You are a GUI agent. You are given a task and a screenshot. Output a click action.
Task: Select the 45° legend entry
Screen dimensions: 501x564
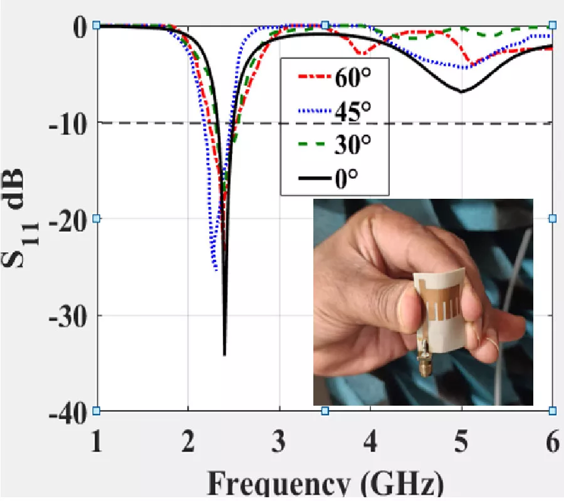(x=335, y=113)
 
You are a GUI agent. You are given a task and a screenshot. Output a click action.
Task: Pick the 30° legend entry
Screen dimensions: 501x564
(x=335, y=147)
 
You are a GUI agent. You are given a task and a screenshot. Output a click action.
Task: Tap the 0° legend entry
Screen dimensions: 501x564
(x=335, y=181)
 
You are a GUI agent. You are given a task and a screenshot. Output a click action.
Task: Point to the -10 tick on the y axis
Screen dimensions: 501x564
(x=67, y=123)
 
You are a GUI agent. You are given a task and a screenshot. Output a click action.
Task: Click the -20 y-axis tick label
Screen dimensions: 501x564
(x=67, y=219)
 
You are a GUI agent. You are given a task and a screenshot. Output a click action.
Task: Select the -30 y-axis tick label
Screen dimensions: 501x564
(x=67, y=315)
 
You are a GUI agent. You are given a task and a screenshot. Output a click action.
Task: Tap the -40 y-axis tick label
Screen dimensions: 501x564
(x=67, y=411)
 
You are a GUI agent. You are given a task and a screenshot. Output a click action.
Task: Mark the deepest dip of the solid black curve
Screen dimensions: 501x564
(x=224, y=354)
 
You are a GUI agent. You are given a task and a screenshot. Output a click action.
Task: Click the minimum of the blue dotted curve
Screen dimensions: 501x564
(x=216, y=270)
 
